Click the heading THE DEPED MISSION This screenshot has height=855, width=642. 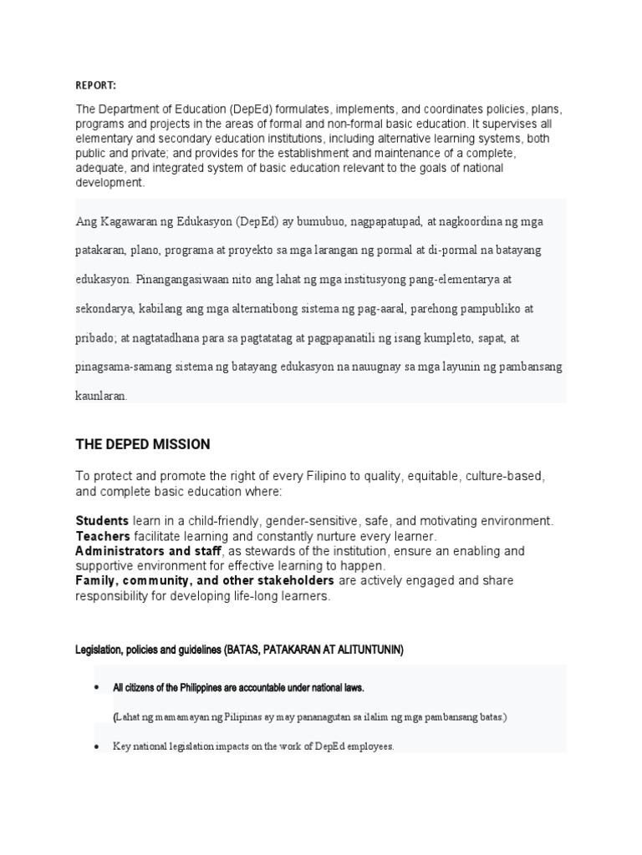[142, 444]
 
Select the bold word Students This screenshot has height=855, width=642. [102, 520]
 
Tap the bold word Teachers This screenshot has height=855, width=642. [103, 536]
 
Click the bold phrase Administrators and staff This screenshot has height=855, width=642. [148, 551]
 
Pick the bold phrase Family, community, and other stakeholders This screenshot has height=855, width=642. [205, 580]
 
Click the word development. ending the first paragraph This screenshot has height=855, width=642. [110, 183]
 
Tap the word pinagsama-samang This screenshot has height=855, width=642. [120, 367]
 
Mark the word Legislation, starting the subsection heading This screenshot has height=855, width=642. [99, 650]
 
